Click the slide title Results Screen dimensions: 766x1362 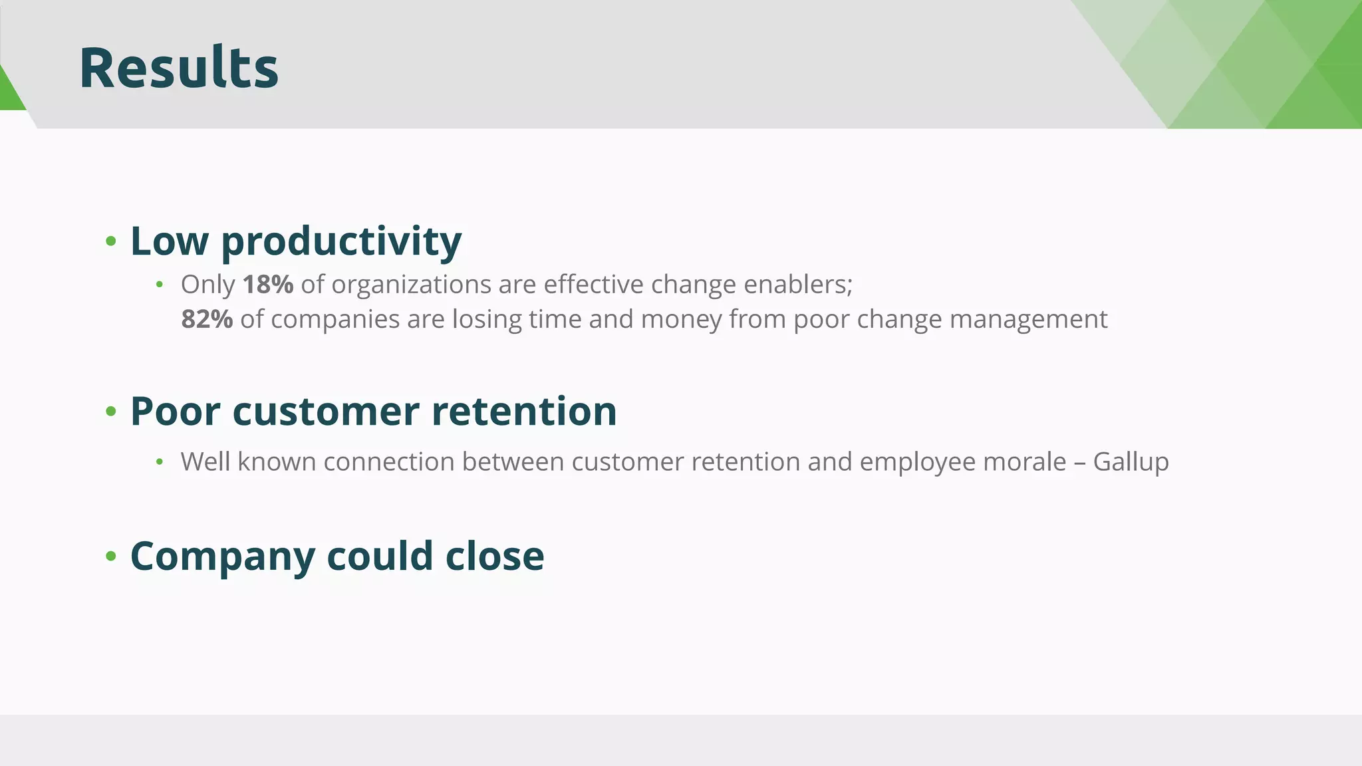(178, 68)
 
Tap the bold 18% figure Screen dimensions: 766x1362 (268, 285)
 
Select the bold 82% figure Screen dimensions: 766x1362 (207, 319)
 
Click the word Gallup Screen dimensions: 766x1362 (1131, 462)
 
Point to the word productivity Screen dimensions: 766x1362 (341, 241)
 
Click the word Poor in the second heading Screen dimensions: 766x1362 (175, 411)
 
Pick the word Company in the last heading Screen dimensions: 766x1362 (222, 557)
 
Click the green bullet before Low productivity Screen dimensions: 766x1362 (111, 241)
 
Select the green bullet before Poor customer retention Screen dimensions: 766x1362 (111, 412)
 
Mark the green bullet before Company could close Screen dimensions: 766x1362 (111, 556)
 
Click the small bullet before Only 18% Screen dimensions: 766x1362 (160, 285)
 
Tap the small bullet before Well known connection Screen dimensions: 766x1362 (160, 462)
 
